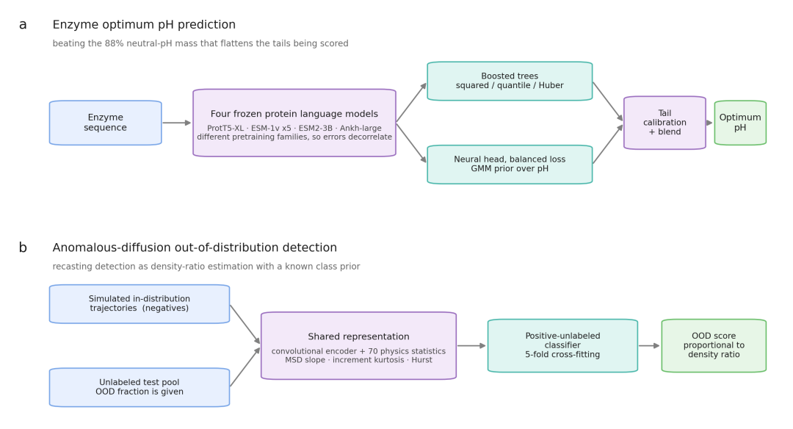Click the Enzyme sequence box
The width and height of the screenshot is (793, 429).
click(105, 123)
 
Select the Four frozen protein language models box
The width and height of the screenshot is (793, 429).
click(294, 123)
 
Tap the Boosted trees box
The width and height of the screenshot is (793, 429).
click(510, 81)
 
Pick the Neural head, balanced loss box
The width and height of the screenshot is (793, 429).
click(510, 165)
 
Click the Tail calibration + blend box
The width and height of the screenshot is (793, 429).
click(665, 123)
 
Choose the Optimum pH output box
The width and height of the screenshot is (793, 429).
click(740, 123)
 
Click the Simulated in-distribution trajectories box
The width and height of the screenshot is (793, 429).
click(140, 304)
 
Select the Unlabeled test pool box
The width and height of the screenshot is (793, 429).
click(140, 388)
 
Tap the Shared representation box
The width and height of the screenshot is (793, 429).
click(358, 345)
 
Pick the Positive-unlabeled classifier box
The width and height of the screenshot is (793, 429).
click(563, 345)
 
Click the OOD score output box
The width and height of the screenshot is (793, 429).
click(714, 345)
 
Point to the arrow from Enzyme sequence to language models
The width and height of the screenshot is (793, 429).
click(177, 123)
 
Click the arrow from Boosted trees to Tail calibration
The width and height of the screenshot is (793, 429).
click(608, 101)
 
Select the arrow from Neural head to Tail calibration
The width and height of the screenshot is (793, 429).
click(608, 144)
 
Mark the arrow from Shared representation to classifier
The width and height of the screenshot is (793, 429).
click(472, 346)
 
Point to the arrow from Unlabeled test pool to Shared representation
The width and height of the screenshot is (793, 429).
click(245, 367)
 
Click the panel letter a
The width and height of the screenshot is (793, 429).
click(23, 25)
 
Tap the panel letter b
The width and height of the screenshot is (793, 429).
click(23, 248)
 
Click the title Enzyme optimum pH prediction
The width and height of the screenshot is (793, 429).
click(144, 25)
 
